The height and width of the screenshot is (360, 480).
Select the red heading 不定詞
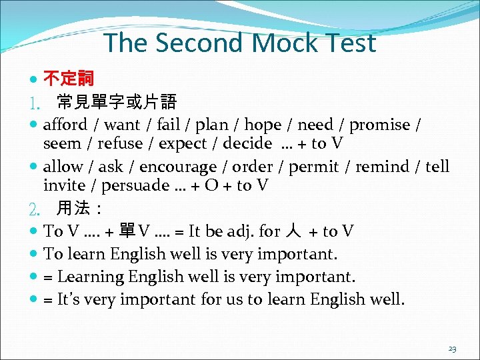click(69, 80)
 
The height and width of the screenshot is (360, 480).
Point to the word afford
click(65, 125)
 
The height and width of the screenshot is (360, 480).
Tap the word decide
click(247, 143)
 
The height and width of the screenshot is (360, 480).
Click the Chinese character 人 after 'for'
click(292, 231)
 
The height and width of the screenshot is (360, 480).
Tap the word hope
click(265, 125)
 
